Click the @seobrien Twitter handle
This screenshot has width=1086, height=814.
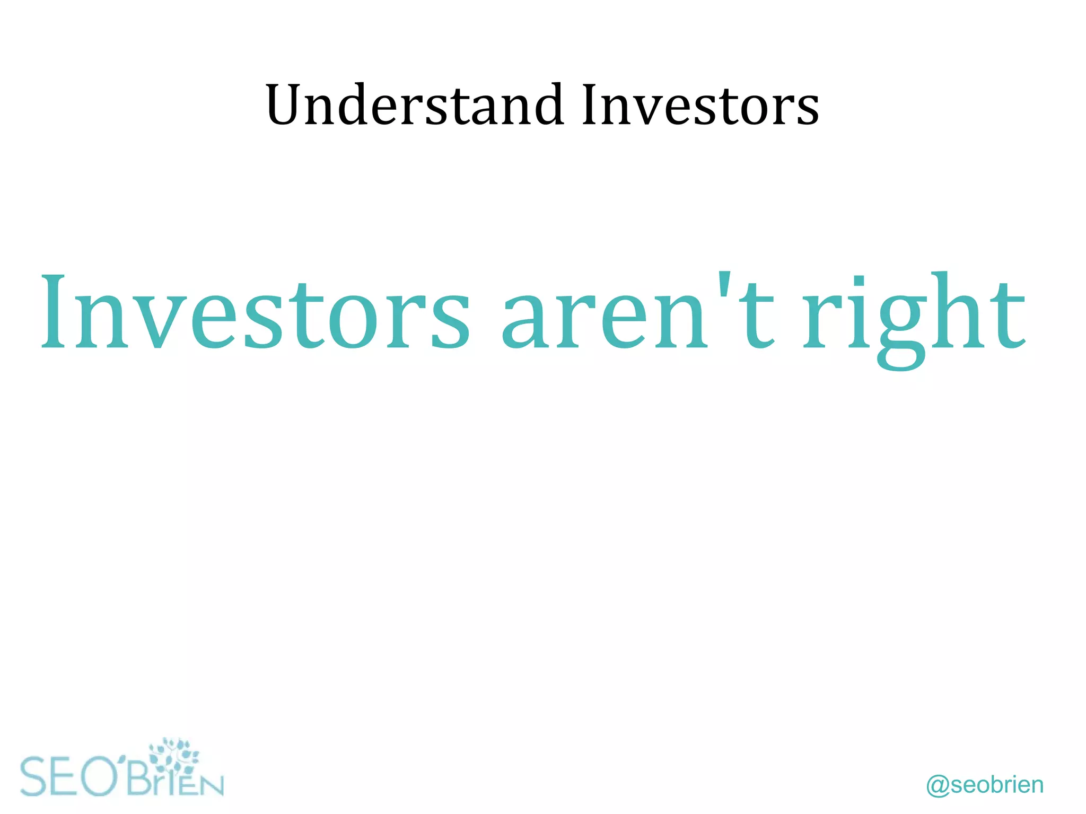click(984, 785)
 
